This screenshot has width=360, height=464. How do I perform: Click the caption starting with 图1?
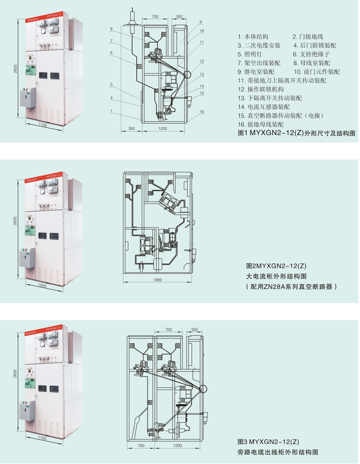click(297, 133)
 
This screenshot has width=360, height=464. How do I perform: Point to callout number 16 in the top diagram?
click(202, 112)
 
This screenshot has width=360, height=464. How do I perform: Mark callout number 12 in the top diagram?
click(202, 62)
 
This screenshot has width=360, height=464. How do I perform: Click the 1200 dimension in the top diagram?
click(163, 128)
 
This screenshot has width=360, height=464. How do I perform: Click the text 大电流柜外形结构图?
click(276, 276)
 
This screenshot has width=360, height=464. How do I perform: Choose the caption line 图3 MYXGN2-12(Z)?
click(268, 442)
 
